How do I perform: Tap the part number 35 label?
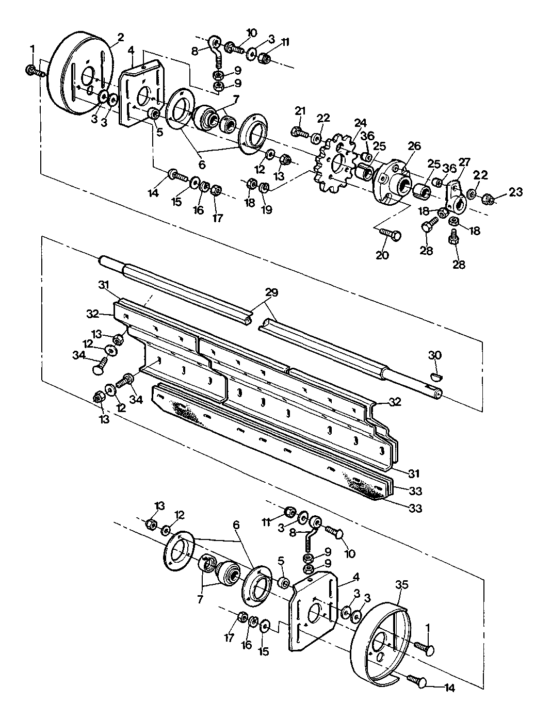(402, 584)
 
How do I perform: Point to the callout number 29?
(270, 292)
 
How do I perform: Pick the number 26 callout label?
(414, 146)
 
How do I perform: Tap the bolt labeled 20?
(391, 234)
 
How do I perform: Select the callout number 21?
(300, 111)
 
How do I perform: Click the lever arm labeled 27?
(456, 197)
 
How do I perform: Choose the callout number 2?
(121, 38)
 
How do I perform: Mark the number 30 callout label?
(435, 355)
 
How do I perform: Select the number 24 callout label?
(360, 123)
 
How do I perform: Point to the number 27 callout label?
(464, 162)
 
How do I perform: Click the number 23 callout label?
(515, 192)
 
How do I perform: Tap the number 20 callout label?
(382, 255)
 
